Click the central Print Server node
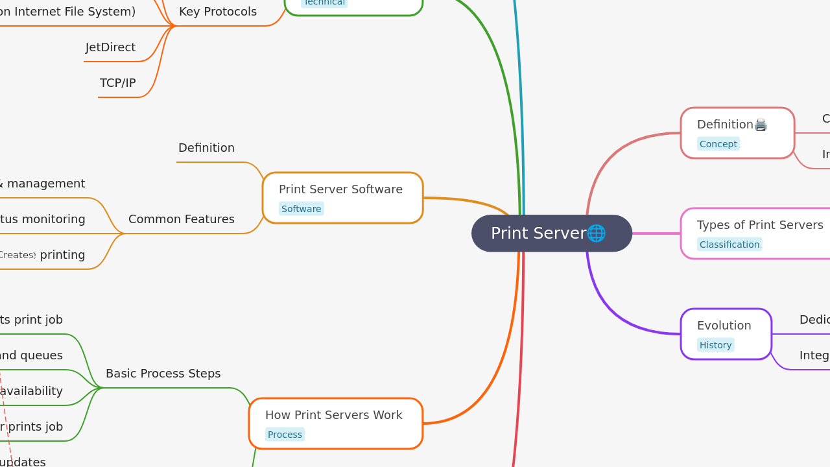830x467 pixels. [x=538, y=233]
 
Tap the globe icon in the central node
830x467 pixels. [x=596, y=233]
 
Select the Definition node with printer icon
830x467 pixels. [x=725, y=125]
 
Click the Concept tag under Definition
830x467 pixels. [x=718, y=144]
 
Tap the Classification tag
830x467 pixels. [x=729, y=245]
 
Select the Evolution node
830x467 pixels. [x=724, y=326]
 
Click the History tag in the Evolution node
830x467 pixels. [x=715, y=345]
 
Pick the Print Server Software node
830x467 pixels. [x=340, y=189]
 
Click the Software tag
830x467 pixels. [x=301, y=209]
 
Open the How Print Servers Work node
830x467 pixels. [x=334, y=415]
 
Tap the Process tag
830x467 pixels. [x=285, y=435]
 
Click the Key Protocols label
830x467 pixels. [x=218, y=12]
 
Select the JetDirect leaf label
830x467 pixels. [x=110, y=47]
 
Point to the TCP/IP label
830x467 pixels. [x=118, y=83]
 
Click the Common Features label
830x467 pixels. [x=182, y=219]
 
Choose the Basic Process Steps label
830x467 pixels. [x=163, y=374]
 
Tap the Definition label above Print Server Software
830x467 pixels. [x=206, y=148]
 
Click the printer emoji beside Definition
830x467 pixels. [x=761, y=125]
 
